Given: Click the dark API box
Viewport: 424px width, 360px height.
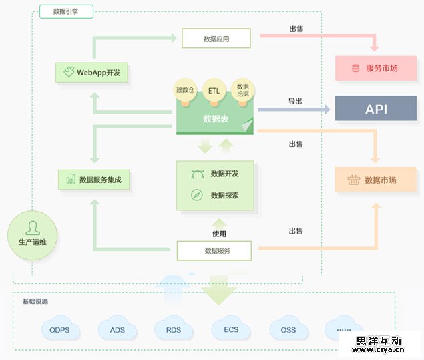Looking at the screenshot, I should (375, 108).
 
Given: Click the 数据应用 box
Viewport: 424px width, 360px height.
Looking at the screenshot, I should (216, 39).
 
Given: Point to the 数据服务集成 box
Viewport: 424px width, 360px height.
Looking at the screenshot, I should (93, 180).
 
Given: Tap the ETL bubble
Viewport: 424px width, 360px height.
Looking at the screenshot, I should (214, 90).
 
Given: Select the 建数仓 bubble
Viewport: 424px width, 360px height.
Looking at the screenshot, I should (185, 90).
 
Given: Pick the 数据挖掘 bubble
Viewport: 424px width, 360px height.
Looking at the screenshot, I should (242, 90).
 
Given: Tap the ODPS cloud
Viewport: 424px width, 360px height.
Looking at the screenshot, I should (64, 329).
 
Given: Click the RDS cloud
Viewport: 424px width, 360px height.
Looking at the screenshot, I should (174, 329).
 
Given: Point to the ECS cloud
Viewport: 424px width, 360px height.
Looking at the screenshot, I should (231, 329).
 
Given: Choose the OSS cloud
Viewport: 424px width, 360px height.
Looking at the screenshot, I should (288, 329).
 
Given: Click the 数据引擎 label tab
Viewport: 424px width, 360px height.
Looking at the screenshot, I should (66, 11).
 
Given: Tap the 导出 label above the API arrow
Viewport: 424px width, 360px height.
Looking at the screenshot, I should (295, 101).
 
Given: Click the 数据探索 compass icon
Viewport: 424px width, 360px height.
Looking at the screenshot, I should (197, 195).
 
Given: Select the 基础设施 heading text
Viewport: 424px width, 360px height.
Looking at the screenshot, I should (35, 302).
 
